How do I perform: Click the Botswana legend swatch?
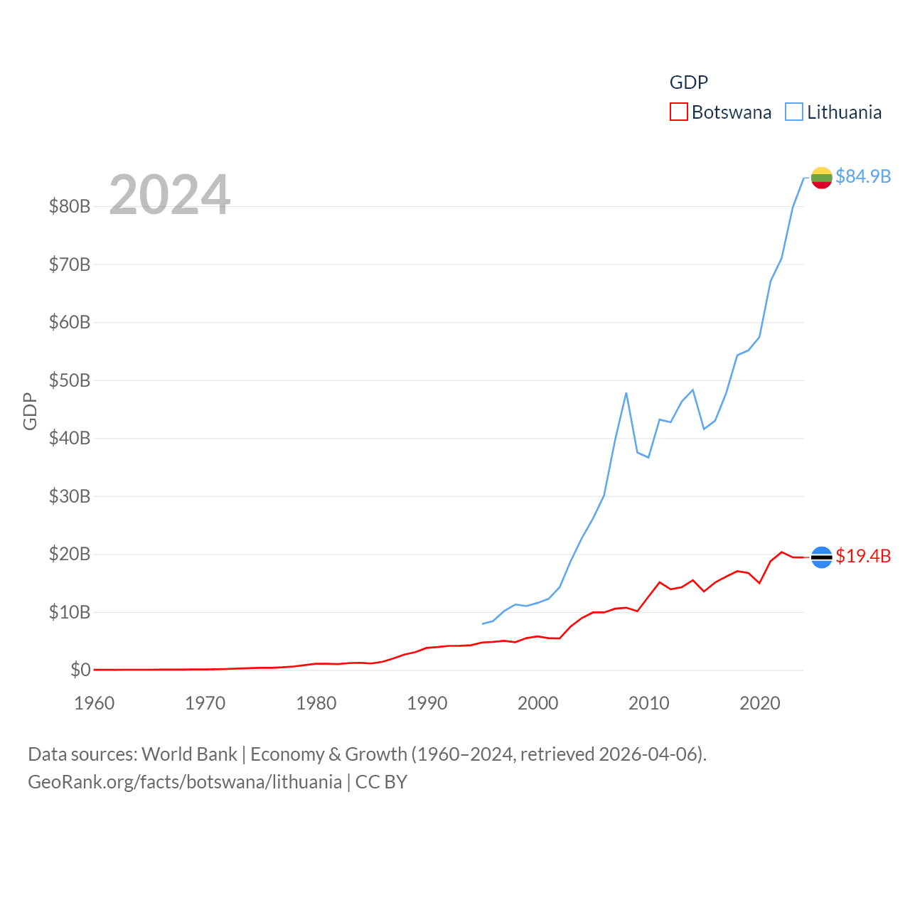coord(679,112)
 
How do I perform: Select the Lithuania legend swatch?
coord(794,112)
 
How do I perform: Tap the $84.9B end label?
coord(863,176)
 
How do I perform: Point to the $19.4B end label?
coord(863,556)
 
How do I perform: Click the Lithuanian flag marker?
coord(821,178)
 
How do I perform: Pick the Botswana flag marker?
coord(821,557)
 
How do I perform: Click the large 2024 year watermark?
coord(169,195)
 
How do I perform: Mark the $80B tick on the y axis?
coord(70,207)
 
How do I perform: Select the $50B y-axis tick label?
coord(70,380)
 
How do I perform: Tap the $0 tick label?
coord(80,670)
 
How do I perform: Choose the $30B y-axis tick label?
coord(70,496)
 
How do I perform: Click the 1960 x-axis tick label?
coord(95,703)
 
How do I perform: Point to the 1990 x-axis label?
coord(427,703)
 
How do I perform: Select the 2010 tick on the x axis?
coord(649,703)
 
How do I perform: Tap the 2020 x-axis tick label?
coord(760,703)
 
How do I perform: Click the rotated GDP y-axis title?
coord(30,411)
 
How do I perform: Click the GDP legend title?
coord(689,82)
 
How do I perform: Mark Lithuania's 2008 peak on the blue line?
coord(626,392)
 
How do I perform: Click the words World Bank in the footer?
coord(189,754)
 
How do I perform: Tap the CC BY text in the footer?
coord(381,782)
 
